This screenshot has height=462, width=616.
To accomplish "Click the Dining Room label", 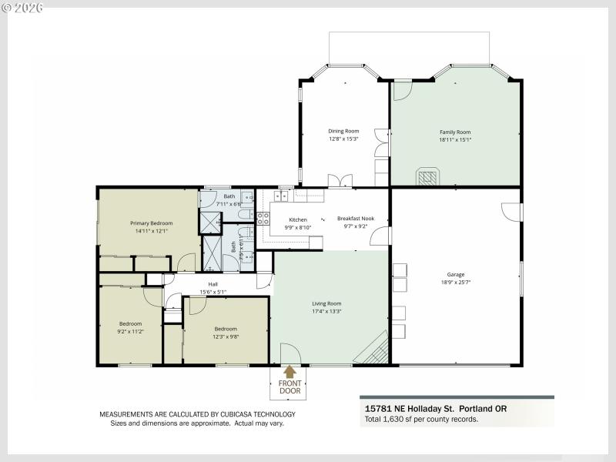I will click(343, 131).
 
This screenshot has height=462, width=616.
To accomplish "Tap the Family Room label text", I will click(454, 132).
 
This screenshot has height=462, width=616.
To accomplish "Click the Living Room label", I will click(326, 303).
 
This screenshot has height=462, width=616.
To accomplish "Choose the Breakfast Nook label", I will click(356, 219).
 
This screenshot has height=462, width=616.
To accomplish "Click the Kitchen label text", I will click(298, 219).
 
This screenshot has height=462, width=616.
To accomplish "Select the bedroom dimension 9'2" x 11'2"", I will click(130, 332).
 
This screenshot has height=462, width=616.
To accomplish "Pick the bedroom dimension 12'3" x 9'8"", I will click(226, 336).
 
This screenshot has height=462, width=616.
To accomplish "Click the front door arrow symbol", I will click(290, 372).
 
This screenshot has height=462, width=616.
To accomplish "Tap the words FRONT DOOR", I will click(290, 387).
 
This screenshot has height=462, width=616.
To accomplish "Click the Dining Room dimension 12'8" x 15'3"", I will click(343, 139).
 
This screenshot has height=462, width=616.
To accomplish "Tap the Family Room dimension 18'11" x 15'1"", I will click(454, 140).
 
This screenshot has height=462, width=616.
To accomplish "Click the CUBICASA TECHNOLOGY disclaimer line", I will click(197, 414).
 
